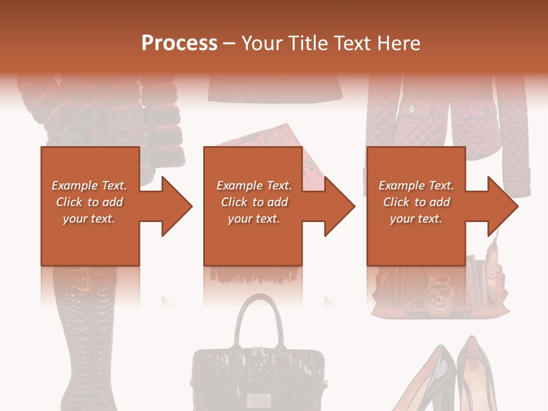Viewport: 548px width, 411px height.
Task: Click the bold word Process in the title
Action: click(179, 43)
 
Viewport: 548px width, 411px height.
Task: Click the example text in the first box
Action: click(89, 202)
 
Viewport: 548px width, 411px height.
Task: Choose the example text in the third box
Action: click(416, 202)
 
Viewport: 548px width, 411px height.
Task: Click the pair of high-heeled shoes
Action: click(445, 377)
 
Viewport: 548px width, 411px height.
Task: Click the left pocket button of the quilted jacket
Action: click(410, 107)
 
